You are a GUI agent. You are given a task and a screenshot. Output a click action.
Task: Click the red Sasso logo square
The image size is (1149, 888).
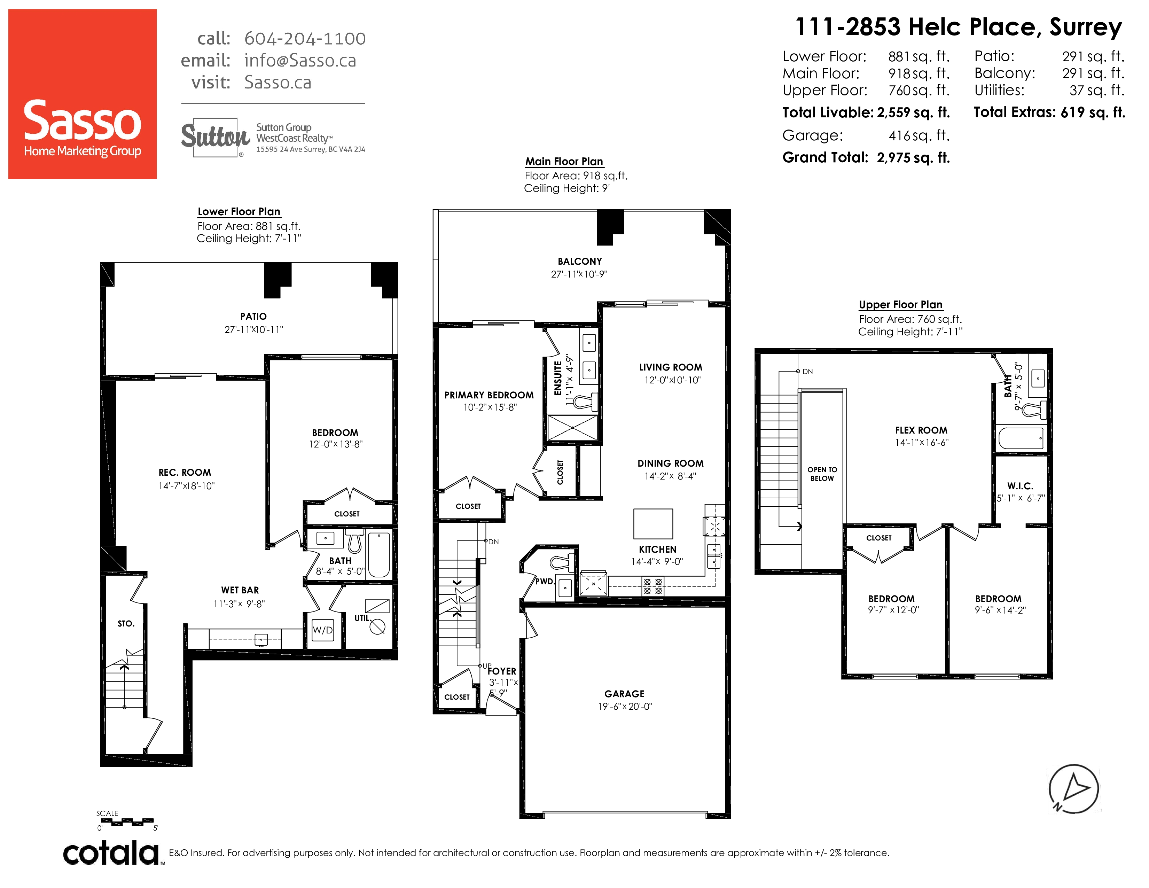(83, 94)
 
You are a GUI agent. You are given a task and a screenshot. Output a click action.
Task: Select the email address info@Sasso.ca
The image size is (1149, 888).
(300, 61)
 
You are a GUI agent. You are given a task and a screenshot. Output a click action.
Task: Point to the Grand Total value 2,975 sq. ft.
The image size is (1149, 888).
(913, 157)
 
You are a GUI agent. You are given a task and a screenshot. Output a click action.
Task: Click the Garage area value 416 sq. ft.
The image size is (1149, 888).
(919, 136)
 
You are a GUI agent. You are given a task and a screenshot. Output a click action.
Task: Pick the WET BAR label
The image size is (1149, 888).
(240, 590)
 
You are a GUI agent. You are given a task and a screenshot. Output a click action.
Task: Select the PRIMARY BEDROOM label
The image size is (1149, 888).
(489, 395)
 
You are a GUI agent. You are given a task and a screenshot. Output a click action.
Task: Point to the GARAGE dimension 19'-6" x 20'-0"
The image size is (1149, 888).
(625, 707)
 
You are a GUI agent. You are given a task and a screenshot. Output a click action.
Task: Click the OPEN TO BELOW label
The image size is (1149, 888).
(822, 474)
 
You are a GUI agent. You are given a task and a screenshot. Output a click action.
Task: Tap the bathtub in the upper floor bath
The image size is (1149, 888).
(1020, 438)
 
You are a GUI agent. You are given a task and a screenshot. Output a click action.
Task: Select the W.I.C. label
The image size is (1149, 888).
(1020, 486)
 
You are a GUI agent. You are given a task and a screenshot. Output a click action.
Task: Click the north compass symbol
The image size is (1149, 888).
(1074, 788)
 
